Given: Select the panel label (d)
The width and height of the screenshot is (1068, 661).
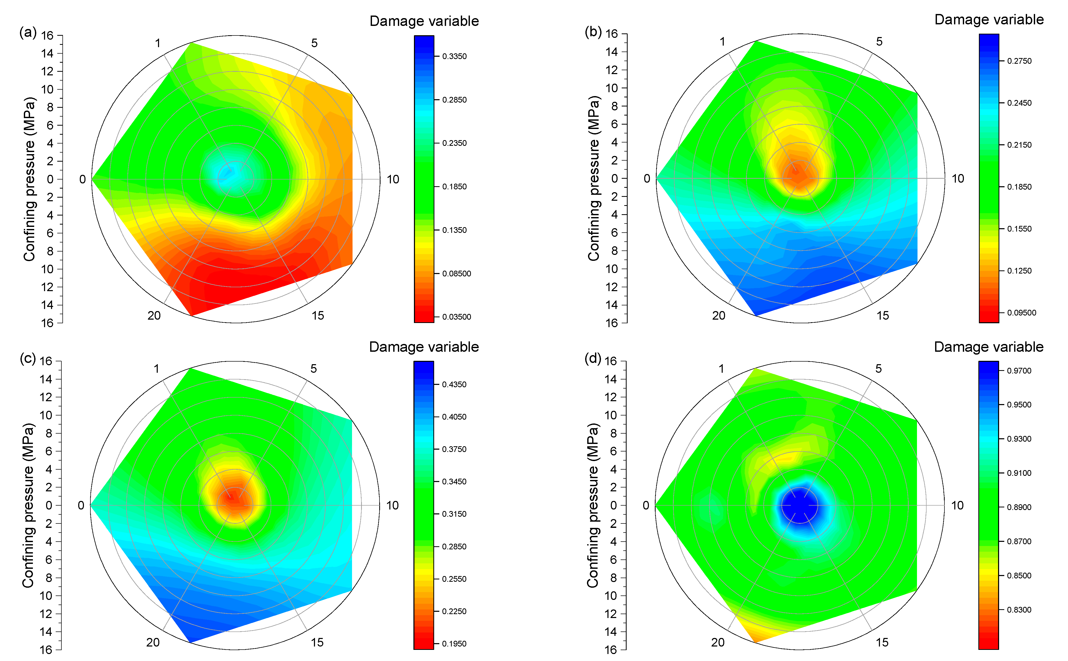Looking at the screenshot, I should (592, 358).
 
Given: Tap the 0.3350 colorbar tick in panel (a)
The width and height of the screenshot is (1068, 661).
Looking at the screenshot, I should (454, 56).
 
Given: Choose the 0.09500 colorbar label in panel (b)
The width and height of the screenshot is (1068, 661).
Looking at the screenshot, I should (1021, 313).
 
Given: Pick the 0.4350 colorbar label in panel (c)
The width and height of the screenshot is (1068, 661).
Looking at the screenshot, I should (454, 385).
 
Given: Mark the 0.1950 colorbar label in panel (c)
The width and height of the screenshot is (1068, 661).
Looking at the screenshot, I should (454, 643).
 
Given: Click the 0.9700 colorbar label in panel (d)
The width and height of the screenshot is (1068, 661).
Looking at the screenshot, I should (1019, 371).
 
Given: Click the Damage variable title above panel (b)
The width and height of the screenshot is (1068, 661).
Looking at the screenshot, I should (989, 20).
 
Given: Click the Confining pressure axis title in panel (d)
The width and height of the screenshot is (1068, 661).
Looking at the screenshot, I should (592, 505).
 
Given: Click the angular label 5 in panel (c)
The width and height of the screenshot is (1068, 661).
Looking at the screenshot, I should (313, 369).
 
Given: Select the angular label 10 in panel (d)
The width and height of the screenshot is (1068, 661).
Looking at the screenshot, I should (957, 505).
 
